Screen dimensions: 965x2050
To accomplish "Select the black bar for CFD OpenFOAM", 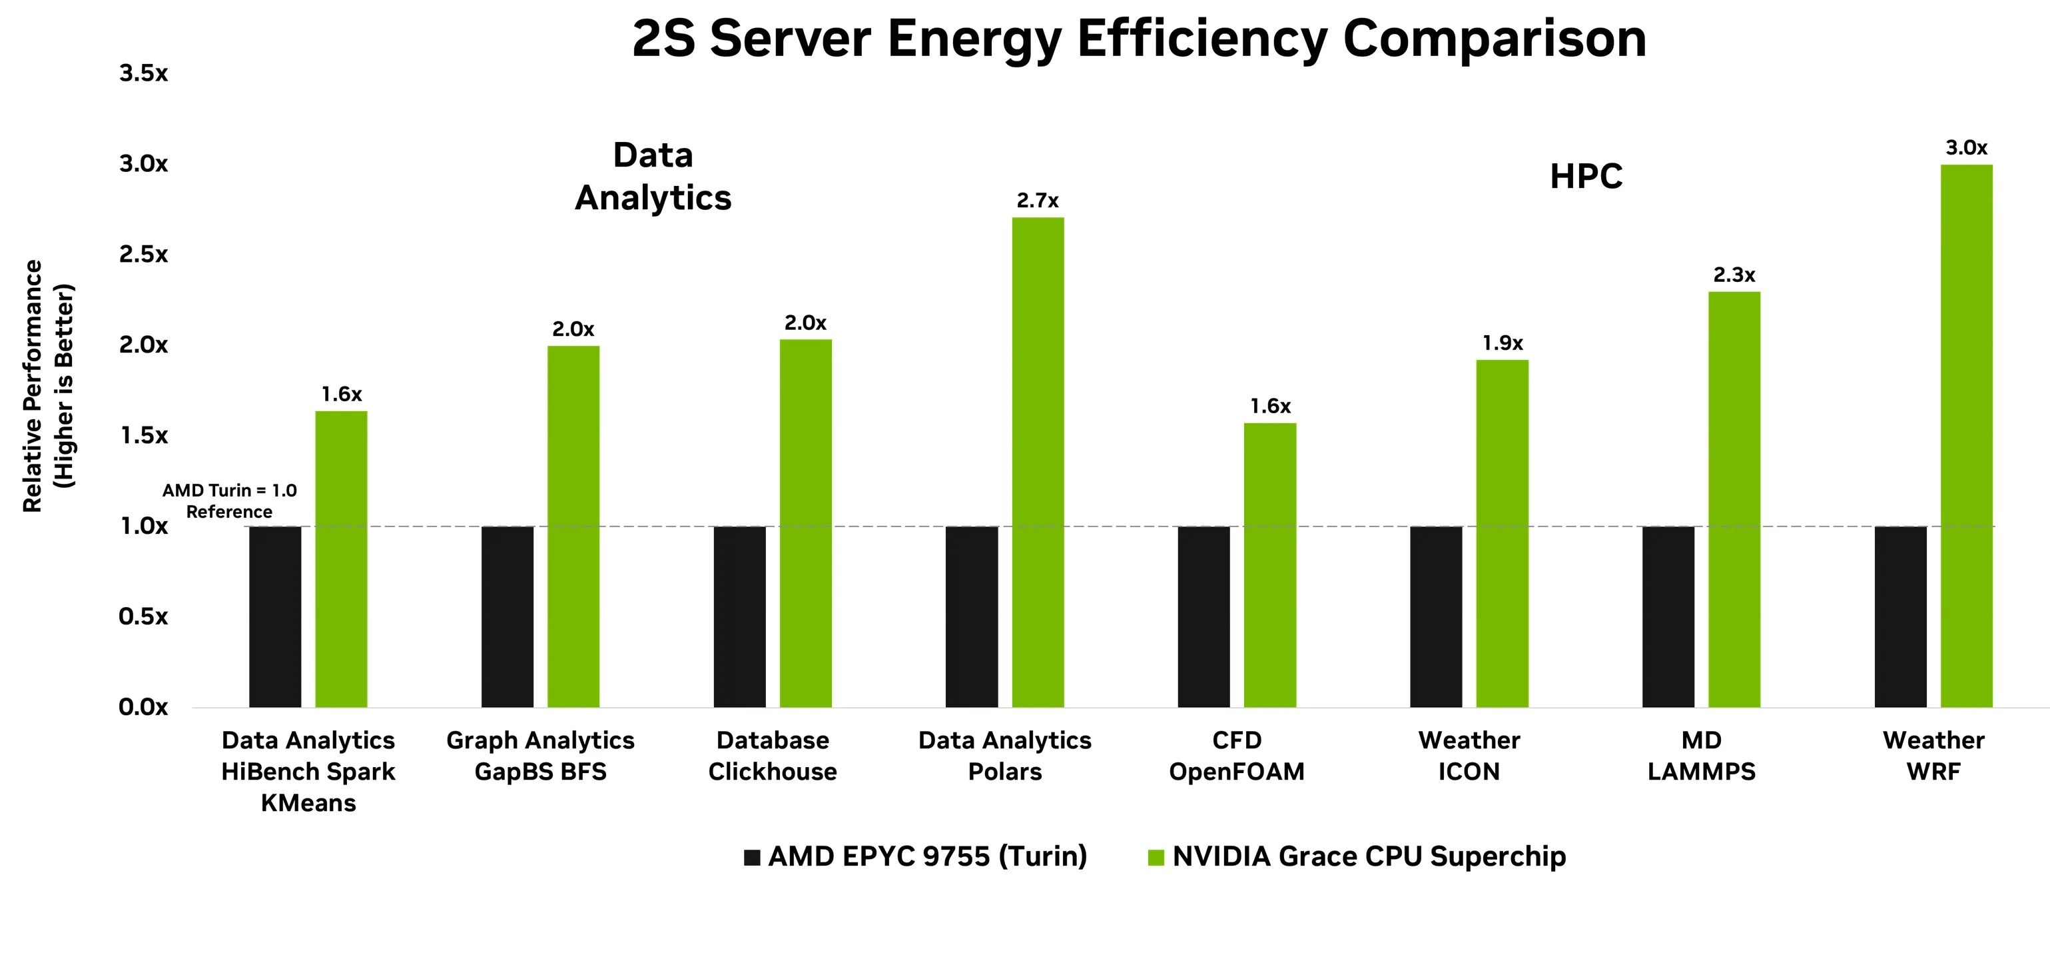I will (1203, 616).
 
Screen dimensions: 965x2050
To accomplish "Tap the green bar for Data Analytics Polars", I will (1038, 462).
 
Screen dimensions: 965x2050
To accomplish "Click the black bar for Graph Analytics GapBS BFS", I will (507, 616).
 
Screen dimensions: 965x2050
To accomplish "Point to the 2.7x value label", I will (1038, 201).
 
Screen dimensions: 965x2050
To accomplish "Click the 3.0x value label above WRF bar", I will (1967, 147).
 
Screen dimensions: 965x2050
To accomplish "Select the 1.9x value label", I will (1503, 343).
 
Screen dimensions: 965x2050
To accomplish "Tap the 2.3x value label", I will (1734, 275).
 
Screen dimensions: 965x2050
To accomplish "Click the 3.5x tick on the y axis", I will (144, 73).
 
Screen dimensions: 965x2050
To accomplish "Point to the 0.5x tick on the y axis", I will (144, 616).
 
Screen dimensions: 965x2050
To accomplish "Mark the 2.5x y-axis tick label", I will (144, 255).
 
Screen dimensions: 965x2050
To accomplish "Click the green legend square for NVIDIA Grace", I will (1156, 858).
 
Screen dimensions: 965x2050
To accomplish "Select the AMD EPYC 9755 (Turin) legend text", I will (927, 857).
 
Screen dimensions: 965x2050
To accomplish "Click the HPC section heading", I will (1585, 177).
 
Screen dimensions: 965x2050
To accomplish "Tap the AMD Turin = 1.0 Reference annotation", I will (229, 500).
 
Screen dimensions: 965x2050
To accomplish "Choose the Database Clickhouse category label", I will (772, 756).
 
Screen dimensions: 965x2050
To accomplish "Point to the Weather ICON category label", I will (1469, 756).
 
